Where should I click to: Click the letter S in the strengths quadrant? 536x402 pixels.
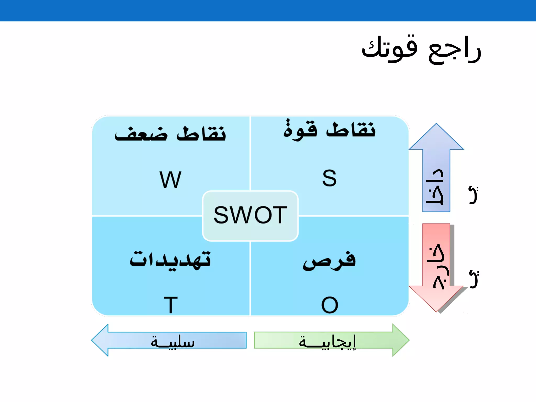point(329,178)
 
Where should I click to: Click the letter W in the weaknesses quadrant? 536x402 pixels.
point(170,180)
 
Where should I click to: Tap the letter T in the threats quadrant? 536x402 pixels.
point(171,305)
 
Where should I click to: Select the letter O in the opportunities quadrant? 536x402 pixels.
point(330,305)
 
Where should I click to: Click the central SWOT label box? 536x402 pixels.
point(250,215)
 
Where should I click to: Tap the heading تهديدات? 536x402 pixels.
point(170,260)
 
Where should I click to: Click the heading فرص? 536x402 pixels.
point(329,260)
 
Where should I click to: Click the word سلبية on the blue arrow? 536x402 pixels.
point(173,342)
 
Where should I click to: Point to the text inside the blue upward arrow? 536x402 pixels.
point(435,187)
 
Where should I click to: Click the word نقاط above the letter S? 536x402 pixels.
point(351,130)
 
